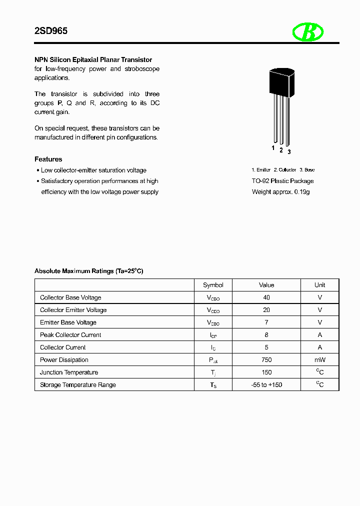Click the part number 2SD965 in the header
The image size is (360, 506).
50,31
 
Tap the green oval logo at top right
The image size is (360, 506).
308,32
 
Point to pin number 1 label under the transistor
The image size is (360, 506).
273,148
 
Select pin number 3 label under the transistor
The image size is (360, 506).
289,151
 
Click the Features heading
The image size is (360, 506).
48,159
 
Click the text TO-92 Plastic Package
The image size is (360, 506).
282,181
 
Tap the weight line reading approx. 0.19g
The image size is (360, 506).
280,192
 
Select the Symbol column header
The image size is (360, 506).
213,285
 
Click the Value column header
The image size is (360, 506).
266,285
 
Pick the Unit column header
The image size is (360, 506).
319,285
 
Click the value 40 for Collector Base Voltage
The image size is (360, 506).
266,297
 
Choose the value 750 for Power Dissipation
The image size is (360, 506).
266,360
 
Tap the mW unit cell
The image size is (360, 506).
319,360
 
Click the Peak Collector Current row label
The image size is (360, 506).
70,335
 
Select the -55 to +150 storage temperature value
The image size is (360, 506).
266,385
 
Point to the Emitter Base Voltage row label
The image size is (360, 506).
68,322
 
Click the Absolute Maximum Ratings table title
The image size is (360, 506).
88,271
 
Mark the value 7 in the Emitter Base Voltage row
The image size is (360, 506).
266,322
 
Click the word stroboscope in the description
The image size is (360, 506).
142,69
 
